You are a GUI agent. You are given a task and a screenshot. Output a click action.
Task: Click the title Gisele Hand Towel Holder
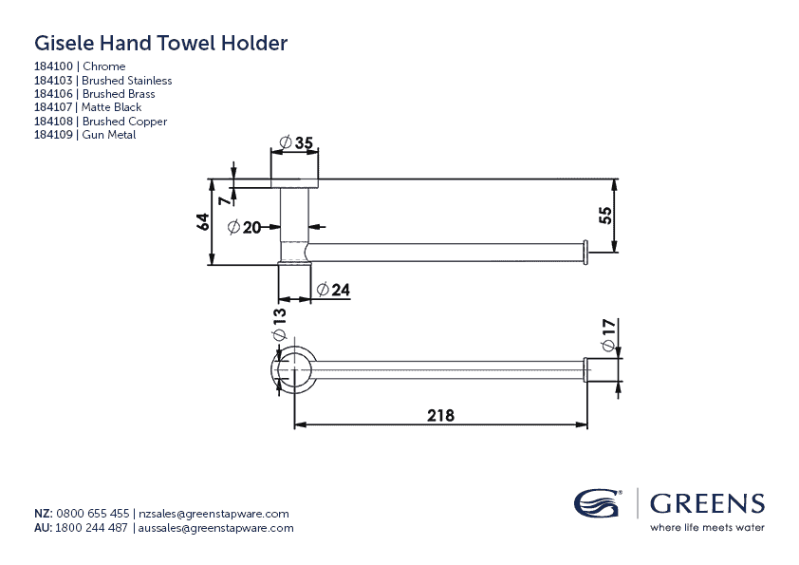click(160, 43)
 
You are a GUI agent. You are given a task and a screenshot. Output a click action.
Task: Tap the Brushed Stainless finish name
click(127, 81)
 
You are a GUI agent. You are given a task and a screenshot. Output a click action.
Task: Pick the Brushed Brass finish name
click(119, 94)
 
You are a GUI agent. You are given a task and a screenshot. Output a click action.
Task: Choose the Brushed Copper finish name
click(124, 122)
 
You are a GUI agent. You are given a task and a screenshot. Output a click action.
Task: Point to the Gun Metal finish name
click(109, 135)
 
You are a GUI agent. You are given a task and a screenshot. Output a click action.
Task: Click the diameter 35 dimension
click(297, 143)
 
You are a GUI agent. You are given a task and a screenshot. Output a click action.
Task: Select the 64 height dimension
click(202, 222)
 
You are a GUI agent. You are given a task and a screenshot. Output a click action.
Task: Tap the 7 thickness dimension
click(223, 200)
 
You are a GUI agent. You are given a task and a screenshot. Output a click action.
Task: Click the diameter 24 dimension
click(334, 290)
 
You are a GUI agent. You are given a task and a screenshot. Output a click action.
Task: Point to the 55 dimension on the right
click(605, 216)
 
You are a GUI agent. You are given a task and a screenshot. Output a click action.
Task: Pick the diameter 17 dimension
click(609, 331)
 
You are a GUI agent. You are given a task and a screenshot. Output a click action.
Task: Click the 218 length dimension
click(441, 415)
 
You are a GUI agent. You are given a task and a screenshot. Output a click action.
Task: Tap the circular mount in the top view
click(294, 369)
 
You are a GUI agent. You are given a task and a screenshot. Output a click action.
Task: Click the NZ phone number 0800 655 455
click(93, 513)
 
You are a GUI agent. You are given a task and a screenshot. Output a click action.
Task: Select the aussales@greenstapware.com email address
click(216, 528)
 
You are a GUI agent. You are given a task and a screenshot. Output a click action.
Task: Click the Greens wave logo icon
click(598, 503)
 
